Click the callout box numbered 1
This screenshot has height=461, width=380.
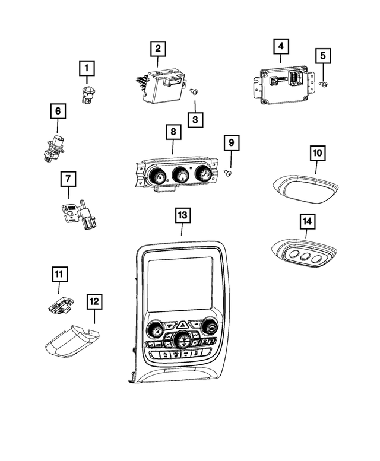pos(87,70)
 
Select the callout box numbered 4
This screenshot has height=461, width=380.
pos(281,46)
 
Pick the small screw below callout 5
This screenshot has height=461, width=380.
pos(324,84)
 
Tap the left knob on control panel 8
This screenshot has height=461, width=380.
pos(159,176)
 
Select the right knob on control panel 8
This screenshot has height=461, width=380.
pos(204,174)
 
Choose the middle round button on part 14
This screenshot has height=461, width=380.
pos(306,258)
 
